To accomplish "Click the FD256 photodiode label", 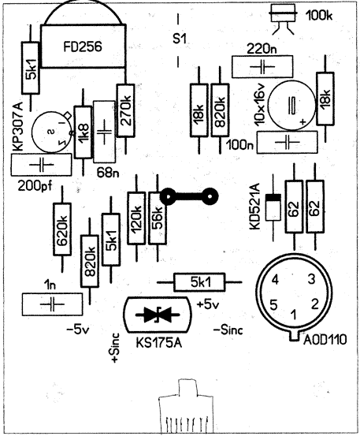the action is point(83,47).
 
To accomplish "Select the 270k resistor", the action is point(125,110).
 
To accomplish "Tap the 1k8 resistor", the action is point(83,132).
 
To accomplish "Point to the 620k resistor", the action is point(62,229).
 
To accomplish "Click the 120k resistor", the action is point(136,218).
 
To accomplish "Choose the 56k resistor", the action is point(158,218).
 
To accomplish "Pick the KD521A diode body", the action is point(273,207).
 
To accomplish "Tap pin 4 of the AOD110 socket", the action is point(275,279).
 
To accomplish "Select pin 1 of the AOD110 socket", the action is point(294,315).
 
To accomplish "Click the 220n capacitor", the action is point(262,67).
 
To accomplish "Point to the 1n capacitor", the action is point(52,304).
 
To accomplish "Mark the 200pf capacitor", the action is point(41,165).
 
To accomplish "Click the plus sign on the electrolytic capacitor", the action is point(303,121).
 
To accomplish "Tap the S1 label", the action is point(179,39).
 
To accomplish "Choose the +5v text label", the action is point(208,305).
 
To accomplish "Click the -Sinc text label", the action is point(228,330).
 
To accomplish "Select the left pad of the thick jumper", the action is point(168,196).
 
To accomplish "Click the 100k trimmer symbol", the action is point(283,19).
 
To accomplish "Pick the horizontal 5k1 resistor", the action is point(199,282).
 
